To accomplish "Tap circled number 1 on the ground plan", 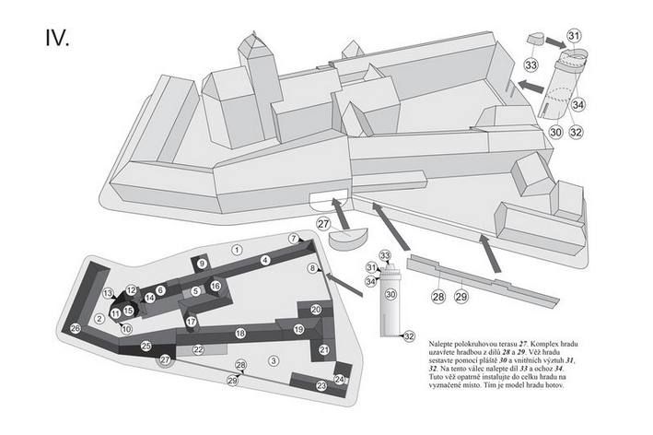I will (x=237, y=249).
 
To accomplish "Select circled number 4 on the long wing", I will (x=264, y=261).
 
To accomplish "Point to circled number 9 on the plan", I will (x=202, y=264).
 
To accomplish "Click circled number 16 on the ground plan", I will (x=216, y=287).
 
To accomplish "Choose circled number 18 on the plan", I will (x=240, y=333).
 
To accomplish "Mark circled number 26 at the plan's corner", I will (x=76, y=328).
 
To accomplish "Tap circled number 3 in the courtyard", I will (x=273, y=359).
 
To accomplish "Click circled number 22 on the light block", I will (x=198, y=350).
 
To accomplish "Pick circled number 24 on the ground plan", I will (x=339, y=379).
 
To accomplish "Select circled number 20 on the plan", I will (x=316, y=310).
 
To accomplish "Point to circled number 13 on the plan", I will (x=108, y=294).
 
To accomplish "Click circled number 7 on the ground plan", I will (x=293, y=239).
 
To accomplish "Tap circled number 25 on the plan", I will (x=146, y=346).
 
